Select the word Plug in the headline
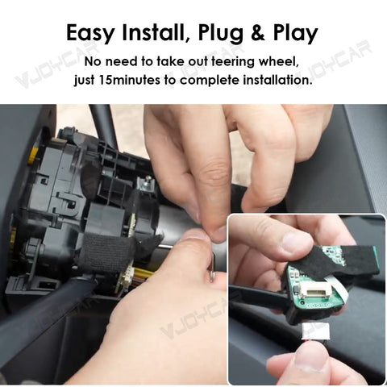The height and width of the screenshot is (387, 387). [x=234, y=34]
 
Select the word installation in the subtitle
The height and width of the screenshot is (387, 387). [x=271, y=81]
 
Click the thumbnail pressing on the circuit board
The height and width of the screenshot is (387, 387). [x=296, y=242]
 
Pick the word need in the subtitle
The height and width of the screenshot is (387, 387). [x=122, y=62]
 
